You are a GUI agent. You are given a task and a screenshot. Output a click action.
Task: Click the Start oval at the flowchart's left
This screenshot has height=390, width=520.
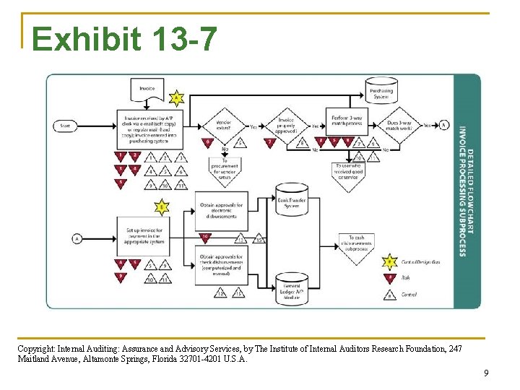[66, 126]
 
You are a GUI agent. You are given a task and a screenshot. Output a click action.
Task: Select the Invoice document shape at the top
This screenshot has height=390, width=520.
[147, 90]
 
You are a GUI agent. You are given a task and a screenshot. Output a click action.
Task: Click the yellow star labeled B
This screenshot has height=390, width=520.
[162, 208]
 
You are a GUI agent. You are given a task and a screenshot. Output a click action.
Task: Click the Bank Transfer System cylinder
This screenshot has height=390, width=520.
[292, 200]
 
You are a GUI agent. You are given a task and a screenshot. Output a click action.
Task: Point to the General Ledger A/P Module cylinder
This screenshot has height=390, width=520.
[292, 288]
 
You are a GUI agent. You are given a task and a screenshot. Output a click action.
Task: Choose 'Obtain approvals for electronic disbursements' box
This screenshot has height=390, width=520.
[222, 209]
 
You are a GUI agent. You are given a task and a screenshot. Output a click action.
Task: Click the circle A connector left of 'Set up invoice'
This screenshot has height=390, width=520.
[77, 238]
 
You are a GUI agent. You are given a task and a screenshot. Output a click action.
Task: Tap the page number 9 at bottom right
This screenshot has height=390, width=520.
[486, 373]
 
